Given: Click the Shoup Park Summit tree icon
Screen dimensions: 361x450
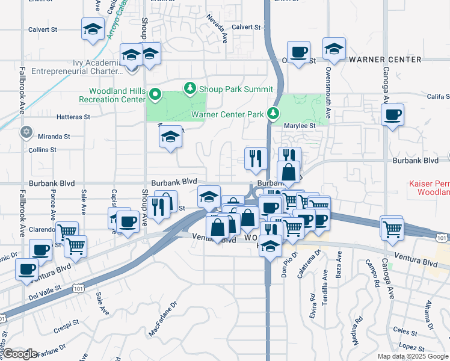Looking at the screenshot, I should (x=191, y=89).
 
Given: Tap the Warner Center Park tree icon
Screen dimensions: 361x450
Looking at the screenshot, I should (x=273, y=113).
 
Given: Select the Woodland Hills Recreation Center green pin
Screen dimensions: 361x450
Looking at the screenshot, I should (x=155, y=94).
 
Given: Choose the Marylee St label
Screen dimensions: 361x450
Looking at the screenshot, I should (x=300, y=126).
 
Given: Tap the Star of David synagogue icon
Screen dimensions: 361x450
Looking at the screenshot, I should (x=26, y=132).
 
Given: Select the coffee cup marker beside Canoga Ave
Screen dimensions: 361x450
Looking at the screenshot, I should (x=393, y=114).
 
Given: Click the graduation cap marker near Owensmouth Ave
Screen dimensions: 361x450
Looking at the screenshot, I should (x=334, y=49).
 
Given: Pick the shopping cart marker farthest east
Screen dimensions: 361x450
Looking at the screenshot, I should (x=392, y=228).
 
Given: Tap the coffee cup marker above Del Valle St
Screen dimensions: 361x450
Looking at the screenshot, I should (x=26, y=269).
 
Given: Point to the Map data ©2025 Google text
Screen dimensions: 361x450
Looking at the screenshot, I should (x=413, y=356).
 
